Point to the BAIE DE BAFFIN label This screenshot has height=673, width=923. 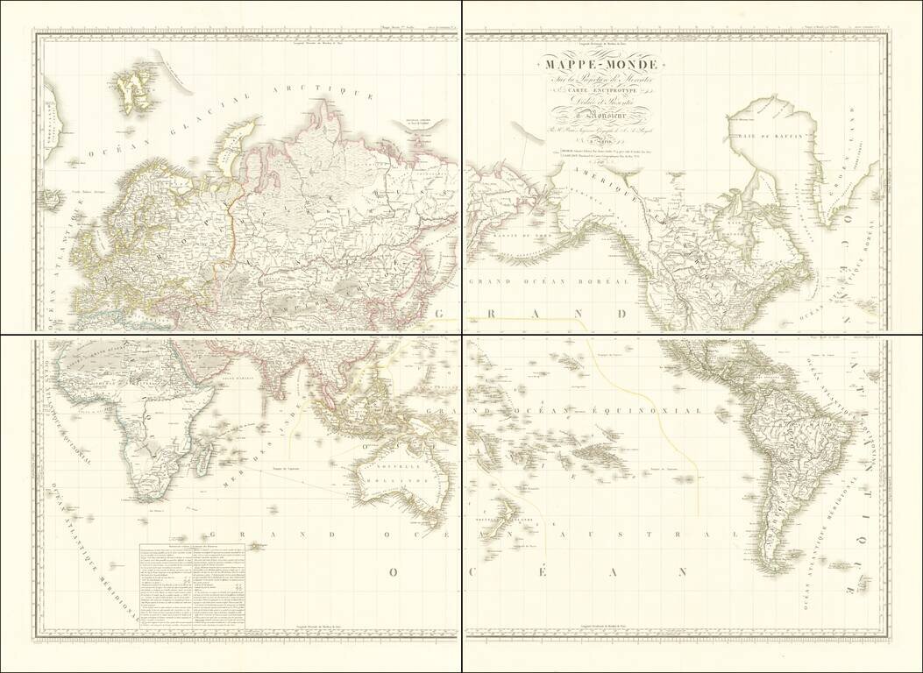click(761, 135)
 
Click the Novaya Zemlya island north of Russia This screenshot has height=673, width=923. click(231, 141)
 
